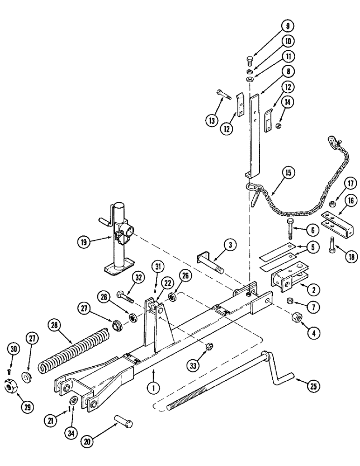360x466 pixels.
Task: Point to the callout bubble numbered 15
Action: [287, 173]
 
